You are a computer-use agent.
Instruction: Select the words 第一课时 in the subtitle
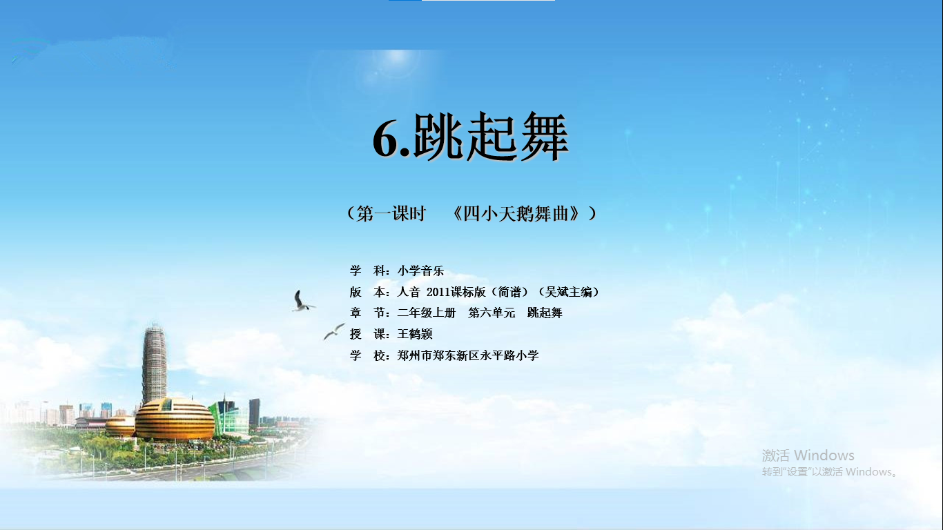[x=391, y=213]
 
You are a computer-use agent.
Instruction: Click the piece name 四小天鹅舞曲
[x=521, y=213]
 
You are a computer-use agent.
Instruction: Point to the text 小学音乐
[x=420, y=271]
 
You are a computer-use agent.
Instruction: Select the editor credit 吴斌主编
[x=568, y=292]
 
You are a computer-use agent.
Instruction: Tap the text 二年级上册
[x=426, y=313]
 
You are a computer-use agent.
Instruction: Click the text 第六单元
[x=492, y=313]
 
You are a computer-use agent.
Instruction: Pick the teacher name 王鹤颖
[x=415, y=334]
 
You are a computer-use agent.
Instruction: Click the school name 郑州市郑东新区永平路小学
[x=468, y=355]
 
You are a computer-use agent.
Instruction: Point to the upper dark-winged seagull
[x=302, y=301]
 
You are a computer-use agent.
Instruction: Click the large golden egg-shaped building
[x=174, y=419]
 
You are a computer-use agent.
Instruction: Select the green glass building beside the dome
[x=229, y=416]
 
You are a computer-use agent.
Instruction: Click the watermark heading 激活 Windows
[x=808, y=455]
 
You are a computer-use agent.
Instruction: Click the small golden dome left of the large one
[x=120, y=426]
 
